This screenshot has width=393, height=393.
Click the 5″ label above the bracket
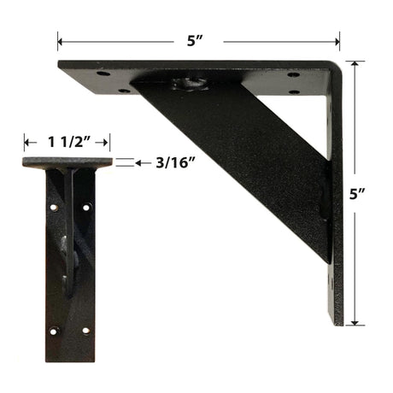coord(195,41)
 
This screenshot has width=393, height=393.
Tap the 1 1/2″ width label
coord(70,142)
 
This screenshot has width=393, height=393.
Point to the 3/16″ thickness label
coord(175,163)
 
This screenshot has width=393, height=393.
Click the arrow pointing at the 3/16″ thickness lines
coord(143,163)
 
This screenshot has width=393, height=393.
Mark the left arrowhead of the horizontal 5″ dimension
coord(60,42)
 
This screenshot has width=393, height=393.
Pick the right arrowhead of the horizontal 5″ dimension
coord(337,42)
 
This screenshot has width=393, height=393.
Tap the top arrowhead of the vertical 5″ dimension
coord(355,63)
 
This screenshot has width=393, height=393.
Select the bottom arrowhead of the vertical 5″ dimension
coord(355,322)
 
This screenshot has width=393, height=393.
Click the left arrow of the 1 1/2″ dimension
coord(30,142)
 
